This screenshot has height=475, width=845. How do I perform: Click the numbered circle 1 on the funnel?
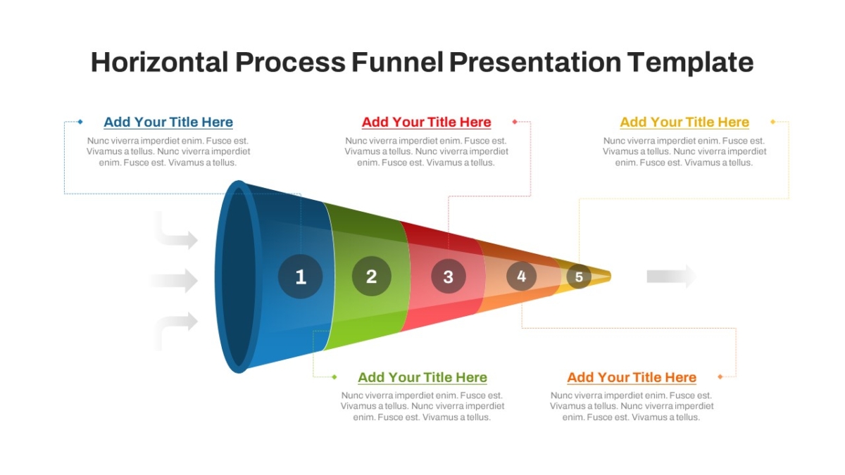[x=300, y=277]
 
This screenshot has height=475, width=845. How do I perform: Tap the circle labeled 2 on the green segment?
[x=372, y=277]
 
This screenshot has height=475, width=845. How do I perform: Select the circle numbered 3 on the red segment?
[x=448, y=277]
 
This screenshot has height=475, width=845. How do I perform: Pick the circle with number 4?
[x=521, y=277]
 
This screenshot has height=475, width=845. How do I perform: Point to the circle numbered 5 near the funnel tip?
[x=579, y=277]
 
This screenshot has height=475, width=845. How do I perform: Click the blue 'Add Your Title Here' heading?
[x=168, y=122]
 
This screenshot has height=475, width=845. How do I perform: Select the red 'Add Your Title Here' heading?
[x=426, y=122]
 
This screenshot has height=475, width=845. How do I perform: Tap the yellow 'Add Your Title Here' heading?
[x=684, y=122]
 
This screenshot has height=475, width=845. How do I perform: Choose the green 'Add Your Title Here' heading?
[x=423, y=377]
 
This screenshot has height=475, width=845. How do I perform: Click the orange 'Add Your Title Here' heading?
[x=632, y=377]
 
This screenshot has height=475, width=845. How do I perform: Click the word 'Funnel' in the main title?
[x=397, y=62]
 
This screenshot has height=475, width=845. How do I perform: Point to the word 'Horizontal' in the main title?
[x=160, y=62]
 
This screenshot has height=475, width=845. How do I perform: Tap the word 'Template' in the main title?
[x=690, y=63]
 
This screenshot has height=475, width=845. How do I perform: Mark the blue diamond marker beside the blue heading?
[x=80, y=121]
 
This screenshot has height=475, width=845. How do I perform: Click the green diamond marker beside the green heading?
[x=334, y=377]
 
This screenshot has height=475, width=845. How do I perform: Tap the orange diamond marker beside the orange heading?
[x=720, y=376]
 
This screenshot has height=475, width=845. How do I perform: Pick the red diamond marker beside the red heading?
[x=515, y=121]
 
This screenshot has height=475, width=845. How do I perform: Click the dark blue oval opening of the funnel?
[x=239, y=277]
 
